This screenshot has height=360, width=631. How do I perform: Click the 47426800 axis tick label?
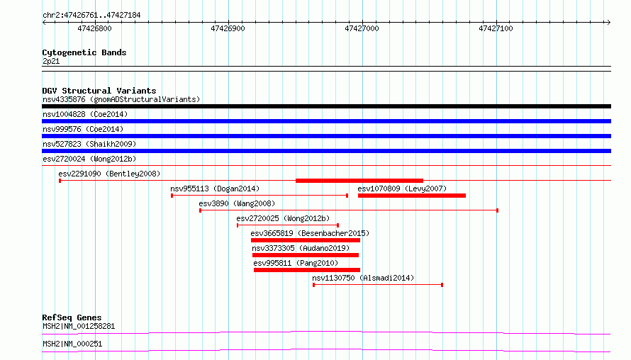pyautogui.click(x=94, y=28)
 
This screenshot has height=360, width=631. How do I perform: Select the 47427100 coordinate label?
pyautogui.click(x=496, y=28)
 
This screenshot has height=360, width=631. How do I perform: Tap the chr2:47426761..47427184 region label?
pyautogui.click(x=91, y=16)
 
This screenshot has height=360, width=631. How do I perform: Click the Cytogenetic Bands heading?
pyautogui.click(x=84, y=52)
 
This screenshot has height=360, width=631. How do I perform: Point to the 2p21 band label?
pyautogui.click(x=51, y=61)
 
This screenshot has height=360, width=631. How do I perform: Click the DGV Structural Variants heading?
pyautogui.click(x=99, y=91)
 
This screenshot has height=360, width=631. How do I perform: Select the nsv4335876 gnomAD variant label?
pyautogui.click(x=121, y=99)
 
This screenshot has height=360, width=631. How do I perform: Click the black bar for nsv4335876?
pyautogui.click(x=326, y=106)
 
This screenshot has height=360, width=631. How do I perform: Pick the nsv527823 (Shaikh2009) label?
pyautogui.click(x=89, y=144)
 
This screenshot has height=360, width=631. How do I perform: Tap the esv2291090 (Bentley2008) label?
pyautogui.click(x=109, y=174)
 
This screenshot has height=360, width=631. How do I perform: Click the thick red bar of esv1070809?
pyautogui.click(x=412, y=196)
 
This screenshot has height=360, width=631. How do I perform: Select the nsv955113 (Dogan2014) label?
pyautogui.click(x=215, y=189)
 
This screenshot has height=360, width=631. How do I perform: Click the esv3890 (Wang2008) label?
pyautogui.click(x=237, y=203)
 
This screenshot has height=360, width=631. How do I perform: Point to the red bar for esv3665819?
pyautogui.click(x=306, y=240)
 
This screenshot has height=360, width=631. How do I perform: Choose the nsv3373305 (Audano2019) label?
pyautogui.click(x=301, y=248)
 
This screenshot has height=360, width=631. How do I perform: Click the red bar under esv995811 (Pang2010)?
pyautogui.click(x=307, y=270)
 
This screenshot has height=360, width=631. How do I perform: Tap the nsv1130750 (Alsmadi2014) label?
pyautogui.click(x=363, y=278)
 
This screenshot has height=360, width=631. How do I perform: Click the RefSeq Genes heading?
pyautogui.click(x=72, y=317)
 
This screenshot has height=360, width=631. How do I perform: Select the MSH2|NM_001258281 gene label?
pyautogui.click(x=79, y=326)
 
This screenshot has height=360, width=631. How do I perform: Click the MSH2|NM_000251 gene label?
pyautogui.click(x=72, y=344)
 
